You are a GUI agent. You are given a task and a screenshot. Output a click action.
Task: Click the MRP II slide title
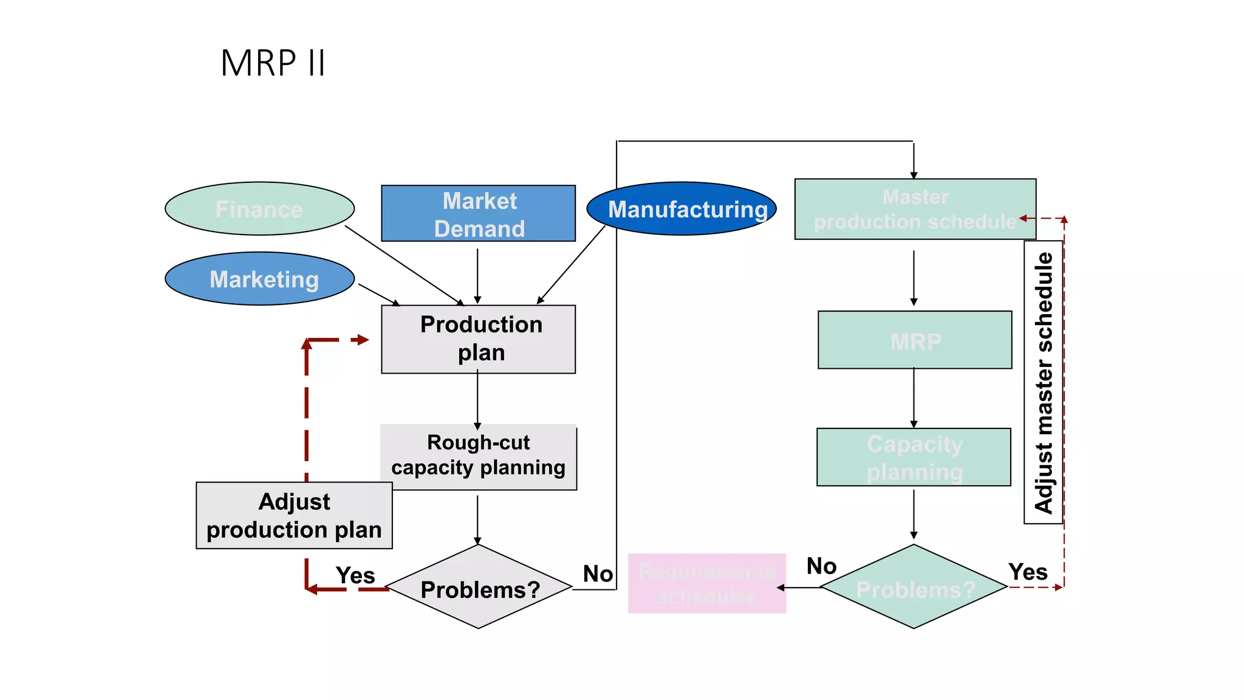pos(273,63)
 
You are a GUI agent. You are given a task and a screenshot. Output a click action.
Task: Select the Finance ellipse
pos(259,209)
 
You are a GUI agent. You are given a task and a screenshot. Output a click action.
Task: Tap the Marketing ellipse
pos(259,279)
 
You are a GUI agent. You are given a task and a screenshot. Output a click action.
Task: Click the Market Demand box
pos(478,214)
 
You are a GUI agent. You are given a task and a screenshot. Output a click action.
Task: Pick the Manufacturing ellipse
pos(681,209)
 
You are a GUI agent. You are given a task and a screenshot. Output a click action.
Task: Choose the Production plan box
pos(478,339)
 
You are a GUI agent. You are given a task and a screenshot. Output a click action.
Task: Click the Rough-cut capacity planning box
pos(478,457)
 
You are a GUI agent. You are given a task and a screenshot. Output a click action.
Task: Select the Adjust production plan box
pos(294,516)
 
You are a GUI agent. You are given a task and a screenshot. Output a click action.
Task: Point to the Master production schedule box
pos(915,209)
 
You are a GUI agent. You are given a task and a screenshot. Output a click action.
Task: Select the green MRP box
pos(915,340)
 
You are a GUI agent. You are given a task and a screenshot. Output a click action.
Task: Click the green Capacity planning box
pos(914,457)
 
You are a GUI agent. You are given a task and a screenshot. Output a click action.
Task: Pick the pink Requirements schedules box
pos(706,583)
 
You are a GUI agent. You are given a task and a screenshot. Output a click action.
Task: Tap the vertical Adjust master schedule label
pos(1043,383)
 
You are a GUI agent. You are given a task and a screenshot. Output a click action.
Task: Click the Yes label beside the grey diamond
pos(355,575)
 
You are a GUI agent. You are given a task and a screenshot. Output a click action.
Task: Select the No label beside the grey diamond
pos(598,574)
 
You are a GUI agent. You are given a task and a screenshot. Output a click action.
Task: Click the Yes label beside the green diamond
pos(1028,572)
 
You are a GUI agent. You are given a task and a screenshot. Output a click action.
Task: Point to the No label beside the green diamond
pos(821,566)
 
